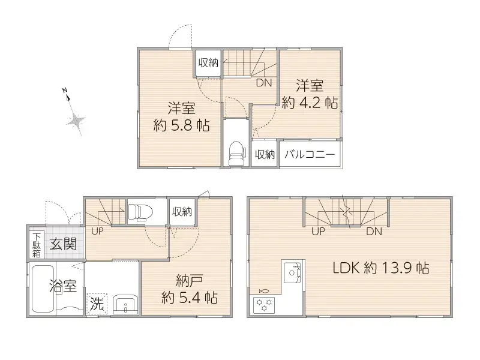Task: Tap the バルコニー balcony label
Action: tap(309, 154)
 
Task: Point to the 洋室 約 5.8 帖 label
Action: tap(181, 118)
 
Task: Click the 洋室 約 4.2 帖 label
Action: tap(309, 94)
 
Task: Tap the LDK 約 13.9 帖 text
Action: tap(380, 268)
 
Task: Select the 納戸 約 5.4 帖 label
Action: tap(189, 288)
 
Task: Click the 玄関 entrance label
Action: tap(62, 244)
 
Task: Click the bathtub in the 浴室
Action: tap(42, 289)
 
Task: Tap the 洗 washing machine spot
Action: tap(96, 304)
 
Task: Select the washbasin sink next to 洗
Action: tap(124, 303)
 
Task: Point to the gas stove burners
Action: tap(264, 304)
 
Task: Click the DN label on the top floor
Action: tap(264, 83)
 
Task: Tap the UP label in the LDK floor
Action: tap(319, 231)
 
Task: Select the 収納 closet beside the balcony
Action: tap(264, 154)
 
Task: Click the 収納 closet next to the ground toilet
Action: tap(182, 211)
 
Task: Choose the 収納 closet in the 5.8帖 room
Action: tap(208, 63)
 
